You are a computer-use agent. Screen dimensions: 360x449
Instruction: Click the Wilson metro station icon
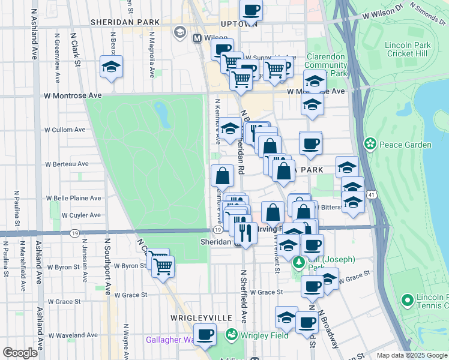196,38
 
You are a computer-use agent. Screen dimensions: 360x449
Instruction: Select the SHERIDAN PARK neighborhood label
125,22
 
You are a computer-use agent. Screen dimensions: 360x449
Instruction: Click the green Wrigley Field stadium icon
231,334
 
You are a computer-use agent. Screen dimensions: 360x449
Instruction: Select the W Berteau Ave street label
67,164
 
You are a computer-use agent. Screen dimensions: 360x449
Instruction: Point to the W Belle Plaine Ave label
73,198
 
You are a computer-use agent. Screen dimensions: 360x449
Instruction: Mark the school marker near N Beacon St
112,67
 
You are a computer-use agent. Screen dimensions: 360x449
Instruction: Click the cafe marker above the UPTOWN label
252,10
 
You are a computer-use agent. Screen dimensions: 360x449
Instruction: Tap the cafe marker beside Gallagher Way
205,334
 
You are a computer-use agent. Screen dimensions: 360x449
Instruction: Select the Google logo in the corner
20,353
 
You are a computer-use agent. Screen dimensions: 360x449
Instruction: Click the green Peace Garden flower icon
370,145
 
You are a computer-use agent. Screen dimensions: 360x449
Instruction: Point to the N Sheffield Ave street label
244,296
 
